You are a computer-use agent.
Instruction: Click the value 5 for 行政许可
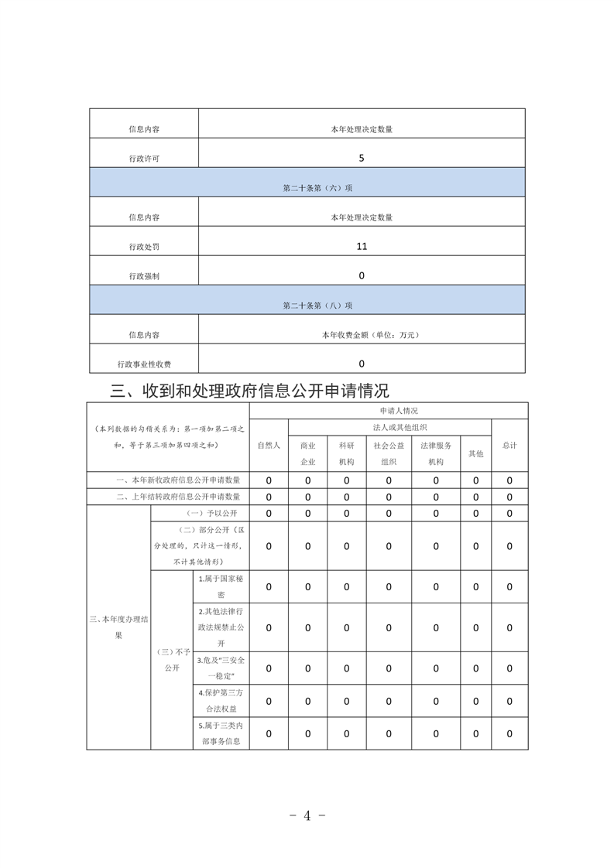point(362,158)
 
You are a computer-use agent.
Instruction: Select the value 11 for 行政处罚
point(362,246)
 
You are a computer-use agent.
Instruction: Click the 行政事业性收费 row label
point(144,364)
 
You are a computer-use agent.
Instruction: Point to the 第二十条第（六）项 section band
point(307,188)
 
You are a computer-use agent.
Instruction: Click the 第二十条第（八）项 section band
point(307,306)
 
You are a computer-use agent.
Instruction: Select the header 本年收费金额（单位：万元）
point(362,335)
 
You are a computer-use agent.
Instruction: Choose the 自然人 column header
point(269,446)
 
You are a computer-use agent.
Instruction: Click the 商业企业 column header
point(307,453)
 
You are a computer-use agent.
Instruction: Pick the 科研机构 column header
point(346,453)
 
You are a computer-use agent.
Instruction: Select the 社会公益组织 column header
point(389,453)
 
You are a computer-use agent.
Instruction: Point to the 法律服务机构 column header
point(436,453)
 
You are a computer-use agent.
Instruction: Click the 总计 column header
point(509,446)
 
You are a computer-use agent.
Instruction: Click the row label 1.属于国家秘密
point(221,587)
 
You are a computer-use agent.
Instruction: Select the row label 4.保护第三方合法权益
point(221,701)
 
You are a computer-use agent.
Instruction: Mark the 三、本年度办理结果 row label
point(118,627)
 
